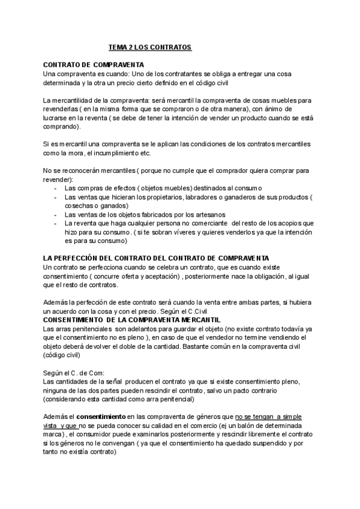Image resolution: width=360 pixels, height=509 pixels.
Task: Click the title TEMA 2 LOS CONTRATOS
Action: click(x=149, y=46)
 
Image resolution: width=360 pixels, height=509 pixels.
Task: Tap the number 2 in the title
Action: click(x=130, y=46)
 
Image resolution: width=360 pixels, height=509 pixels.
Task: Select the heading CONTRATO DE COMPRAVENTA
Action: click(x=93, y=64)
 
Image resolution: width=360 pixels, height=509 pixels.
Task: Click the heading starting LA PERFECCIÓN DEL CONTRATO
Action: click(x=143, y=258)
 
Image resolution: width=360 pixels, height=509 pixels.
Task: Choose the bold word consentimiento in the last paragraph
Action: click(x=100, y=416)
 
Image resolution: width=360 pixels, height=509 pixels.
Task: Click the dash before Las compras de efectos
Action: click(x=56, y=188)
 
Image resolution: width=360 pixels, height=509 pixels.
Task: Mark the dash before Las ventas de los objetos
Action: click(x=56, y=214)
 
